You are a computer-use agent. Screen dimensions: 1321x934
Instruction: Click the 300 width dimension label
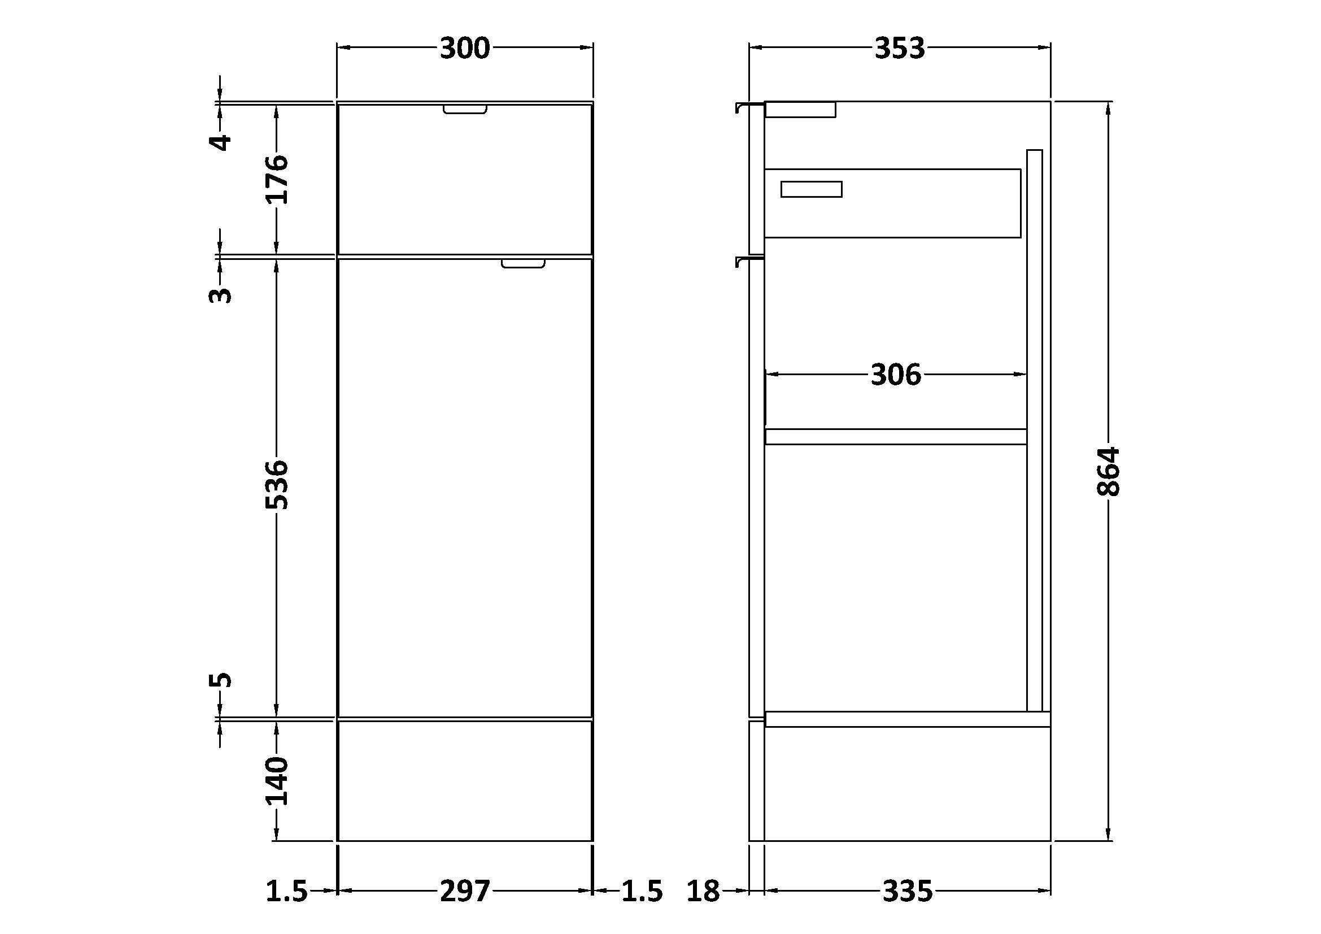tap(464, 49)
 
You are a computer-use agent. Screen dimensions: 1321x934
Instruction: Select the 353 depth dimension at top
tap(899, 49)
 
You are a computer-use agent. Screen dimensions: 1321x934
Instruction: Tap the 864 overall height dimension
tap(1108, 471)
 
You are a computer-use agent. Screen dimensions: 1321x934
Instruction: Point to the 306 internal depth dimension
tap(896, 375)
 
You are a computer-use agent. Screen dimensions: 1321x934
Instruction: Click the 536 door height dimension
tap(276, 484)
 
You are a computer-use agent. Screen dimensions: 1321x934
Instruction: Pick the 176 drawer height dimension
tap(276, 179)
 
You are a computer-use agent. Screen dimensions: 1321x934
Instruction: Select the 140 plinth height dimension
tap(276, 781)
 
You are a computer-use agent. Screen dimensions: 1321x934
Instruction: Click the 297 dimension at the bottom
tap(465, 892)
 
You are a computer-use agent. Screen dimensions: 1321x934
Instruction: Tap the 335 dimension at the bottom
tap(908, 892)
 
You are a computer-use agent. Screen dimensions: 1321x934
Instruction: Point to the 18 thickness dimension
tap(703, 892)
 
